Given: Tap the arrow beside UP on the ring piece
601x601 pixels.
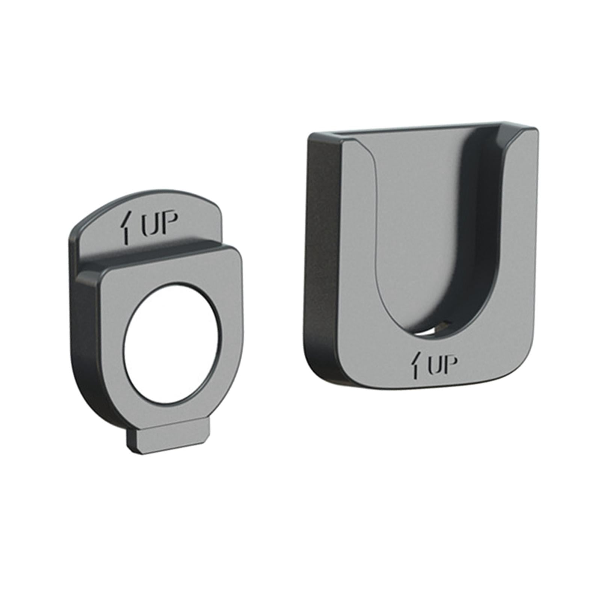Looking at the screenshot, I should (127, 228).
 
